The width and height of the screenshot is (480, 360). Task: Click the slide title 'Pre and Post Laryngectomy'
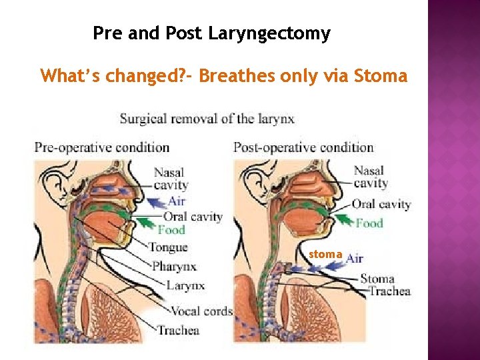point(211,33)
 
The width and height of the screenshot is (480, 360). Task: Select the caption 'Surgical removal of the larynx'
point(207,119)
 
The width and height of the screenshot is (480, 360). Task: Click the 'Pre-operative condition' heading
point(102,147)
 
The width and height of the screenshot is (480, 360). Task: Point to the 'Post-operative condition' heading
point(303,147)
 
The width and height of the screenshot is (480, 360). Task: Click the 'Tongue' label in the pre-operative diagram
point(169,247)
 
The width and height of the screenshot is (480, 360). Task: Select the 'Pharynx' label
point(175,267)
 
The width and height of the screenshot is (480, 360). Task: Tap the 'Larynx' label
point(185,286)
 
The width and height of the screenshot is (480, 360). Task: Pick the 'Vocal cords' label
point(201,311)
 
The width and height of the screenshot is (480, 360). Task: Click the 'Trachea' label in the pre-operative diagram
point(178,330)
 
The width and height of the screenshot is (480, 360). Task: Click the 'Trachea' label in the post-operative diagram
point(389,291)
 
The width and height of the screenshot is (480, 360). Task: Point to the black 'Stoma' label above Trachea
point(377,279)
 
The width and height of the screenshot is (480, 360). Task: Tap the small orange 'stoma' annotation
point(325,254)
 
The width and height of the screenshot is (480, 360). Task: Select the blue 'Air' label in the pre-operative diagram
point(177,200)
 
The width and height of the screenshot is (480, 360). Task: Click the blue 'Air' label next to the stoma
point(355,258)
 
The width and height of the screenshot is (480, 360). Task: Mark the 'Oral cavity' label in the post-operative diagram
point(381,205)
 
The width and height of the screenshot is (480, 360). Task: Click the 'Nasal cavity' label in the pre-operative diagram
point(171,179)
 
